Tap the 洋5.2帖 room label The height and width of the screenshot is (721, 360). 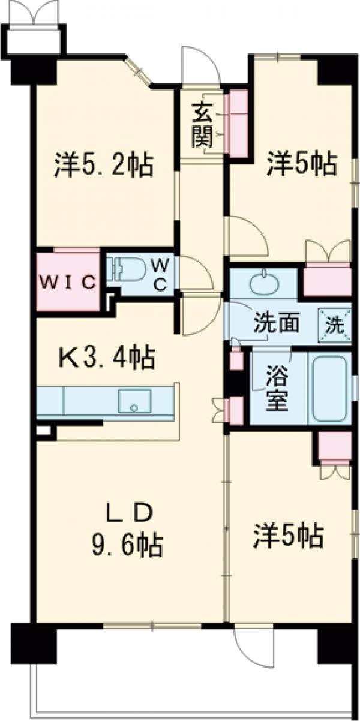(x=103, y=164)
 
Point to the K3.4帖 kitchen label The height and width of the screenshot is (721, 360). (x=107, y=358)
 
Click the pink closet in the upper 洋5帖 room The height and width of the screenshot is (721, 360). (x=327, y=280)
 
